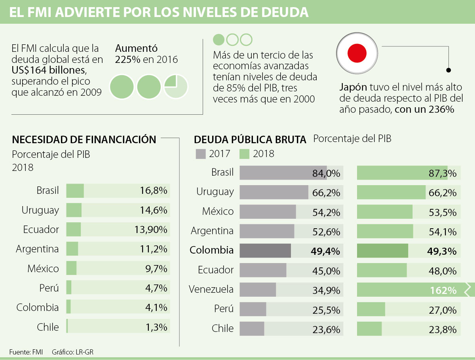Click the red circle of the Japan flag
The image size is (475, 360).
point(357,53)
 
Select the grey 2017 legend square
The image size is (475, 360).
point(201,154)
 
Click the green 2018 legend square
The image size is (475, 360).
point(245,154)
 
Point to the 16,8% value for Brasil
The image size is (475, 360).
point(154,191)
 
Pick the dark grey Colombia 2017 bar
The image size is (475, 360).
point(265,251)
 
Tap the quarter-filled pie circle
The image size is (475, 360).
point(176,86)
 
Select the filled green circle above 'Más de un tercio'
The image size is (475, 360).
point(219,40)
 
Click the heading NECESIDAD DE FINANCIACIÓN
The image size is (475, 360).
point(84,140)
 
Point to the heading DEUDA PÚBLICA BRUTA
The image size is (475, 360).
point(250,140)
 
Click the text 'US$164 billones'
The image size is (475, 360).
point(49,71)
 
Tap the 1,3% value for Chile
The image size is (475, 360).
point(156,327)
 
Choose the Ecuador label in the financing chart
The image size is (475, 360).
point(41,229)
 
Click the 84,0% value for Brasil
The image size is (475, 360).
point(326,173)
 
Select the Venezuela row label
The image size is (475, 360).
point(211,290)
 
